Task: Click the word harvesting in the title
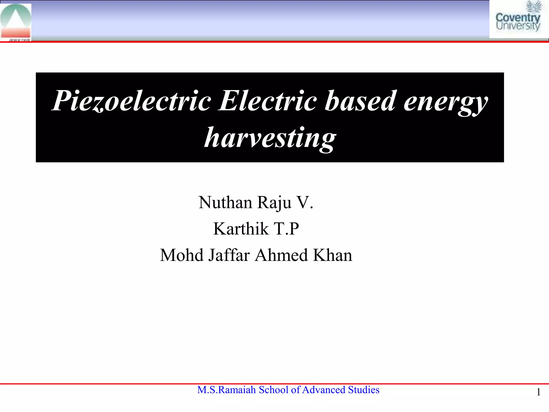pos(270,138)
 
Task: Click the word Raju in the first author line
pos(274,203)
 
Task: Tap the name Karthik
pos(241,229)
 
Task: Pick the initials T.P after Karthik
pos(286,229)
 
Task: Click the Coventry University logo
pos(518,19)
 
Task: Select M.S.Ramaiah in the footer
pos(227,390)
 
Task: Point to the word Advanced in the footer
pos(324,390)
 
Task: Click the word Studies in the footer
pos(363,390)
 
